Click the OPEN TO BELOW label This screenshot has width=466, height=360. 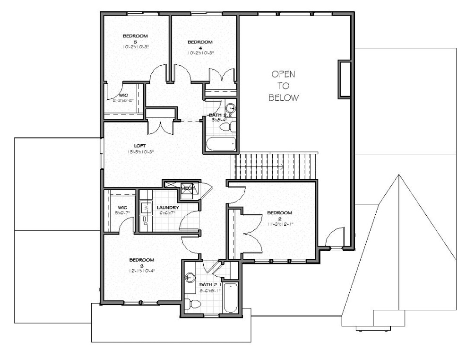click(x=284, y=86)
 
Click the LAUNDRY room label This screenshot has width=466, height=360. click(x=167, y=207)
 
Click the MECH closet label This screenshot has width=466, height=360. click(x=187, y=189)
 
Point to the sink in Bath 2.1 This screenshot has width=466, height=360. click(x=191, y=278)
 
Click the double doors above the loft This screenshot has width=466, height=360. click(x=160, y=127)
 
